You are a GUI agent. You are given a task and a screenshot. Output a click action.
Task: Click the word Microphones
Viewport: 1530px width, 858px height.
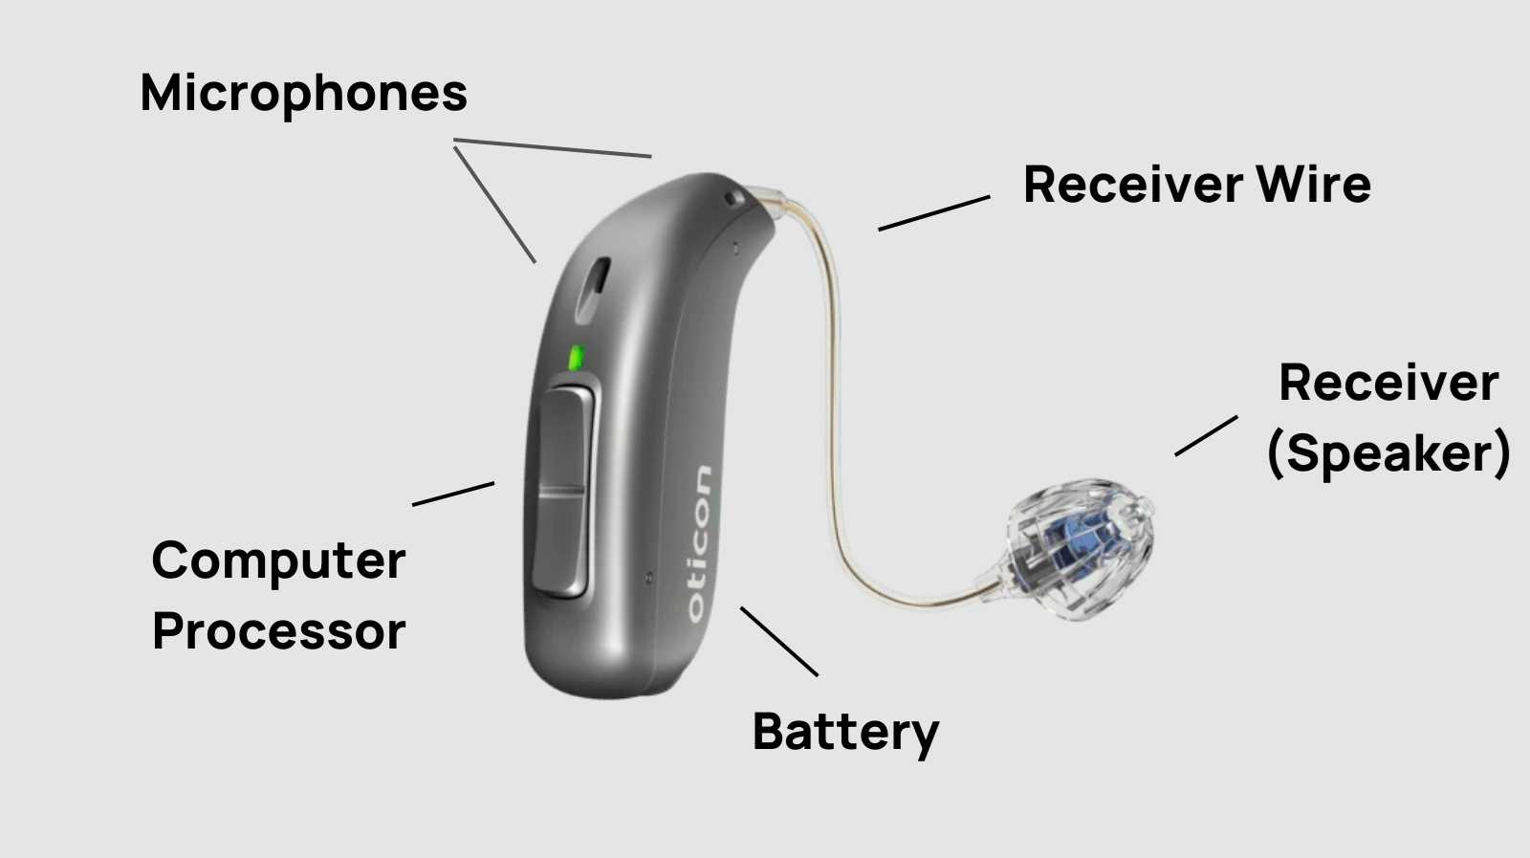303,94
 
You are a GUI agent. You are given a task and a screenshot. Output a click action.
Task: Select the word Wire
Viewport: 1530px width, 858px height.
1313,185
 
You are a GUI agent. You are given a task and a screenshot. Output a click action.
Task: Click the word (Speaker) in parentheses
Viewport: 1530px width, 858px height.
1388,453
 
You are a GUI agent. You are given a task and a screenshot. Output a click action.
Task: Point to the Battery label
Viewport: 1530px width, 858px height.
845,733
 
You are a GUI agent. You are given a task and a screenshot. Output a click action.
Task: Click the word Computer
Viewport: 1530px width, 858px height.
278,561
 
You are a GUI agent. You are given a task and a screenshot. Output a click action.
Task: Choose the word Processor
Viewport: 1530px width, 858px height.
278,632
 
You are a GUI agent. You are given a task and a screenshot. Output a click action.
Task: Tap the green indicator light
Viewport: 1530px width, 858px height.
577,358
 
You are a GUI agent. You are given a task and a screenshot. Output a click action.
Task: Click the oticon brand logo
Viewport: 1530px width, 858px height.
700,543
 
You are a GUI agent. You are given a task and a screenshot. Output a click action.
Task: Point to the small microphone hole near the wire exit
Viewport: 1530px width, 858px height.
734,198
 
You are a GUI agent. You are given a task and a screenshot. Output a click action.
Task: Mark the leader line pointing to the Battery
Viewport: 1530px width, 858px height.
778,641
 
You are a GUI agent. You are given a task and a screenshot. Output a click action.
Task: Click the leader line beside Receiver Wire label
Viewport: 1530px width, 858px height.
933,213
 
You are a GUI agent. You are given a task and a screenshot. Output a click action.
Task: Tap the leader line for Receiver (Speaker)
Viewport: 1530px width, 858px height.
1206,435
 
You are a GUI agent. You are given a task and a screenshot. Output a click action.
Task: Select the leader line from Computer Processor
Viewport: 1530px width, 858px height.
453,494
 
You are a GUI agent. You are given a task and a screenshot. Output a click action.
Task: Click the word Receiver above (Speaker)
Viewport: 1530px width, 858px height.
1388,384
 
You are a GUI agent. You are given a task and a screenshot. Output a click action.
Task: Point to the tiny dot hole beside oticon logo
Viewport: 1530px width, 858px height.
649,577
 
